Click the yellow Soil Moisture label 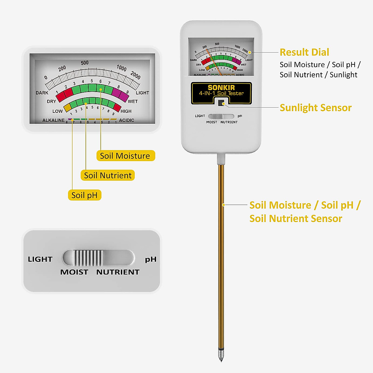tap(125, 156)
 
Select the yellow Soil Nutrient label tap(108, 175)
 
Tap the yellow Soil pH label tap(84, 195)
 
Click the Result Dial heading tap(304, 52)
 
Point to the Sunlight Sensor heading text tap(315, 108)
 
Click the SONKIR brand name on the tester tap(221, 88)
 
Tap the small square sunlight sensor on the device tap(221, 103)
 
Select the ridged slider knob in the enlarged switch tap(88, 258)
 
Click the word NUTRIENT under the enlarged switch tap(118, 272)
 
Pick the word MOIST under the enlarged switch tap(74, 272)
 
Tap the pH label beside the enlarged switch tap(151, 259)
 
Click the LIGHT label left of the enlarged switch tap(40, 259)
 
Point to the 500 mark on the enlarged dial tap(85, 63)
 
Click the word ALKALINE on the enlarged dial tap(53, 120)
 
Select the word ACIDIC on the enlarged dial tap(127, 120)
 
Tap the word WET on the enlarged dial tap(133, 101)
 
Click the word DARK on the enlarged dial tap(42, 93)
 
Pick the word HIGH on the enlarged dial tap(126, 111)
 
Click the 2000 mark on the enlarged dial tap(136, 75)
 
